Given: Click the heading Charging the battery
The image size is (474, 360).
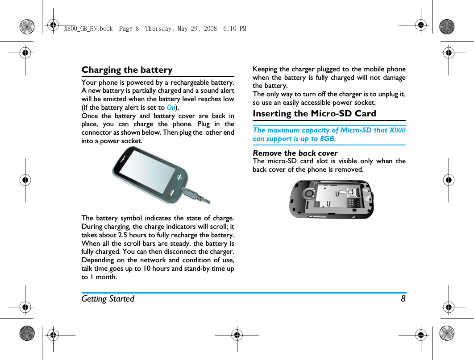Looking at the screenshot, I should [127, 70].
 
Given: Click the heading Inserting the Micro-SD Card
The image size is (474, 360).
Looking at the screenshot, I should [314, 114].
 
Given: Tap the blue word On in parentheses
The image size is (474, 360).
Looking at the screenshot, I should [171, 108].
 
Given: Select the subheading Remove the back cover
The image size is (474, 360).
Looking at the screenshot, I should [295, 153].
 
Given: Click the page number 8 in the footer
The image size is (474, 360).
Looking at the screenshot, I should [403, 299].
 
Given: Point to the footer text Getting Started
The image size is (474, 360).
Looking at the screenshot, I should [108, 299].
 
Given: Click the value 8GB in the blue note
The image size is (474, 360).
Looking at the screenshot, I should [328, 139].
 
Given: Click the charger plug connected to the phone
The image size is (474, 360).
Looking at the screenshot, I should [192, 194].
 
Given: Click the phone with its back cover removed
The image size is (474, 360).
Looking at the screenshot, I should [331, 199].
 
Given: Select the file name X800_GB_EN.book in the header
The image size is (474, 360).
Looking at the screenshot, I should [88, 29].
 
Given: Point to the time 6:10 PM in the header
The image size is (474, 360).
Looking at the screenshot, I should [236, 29].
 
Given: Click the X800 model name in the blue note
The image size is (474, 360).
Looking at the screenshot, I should [397, 130].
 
